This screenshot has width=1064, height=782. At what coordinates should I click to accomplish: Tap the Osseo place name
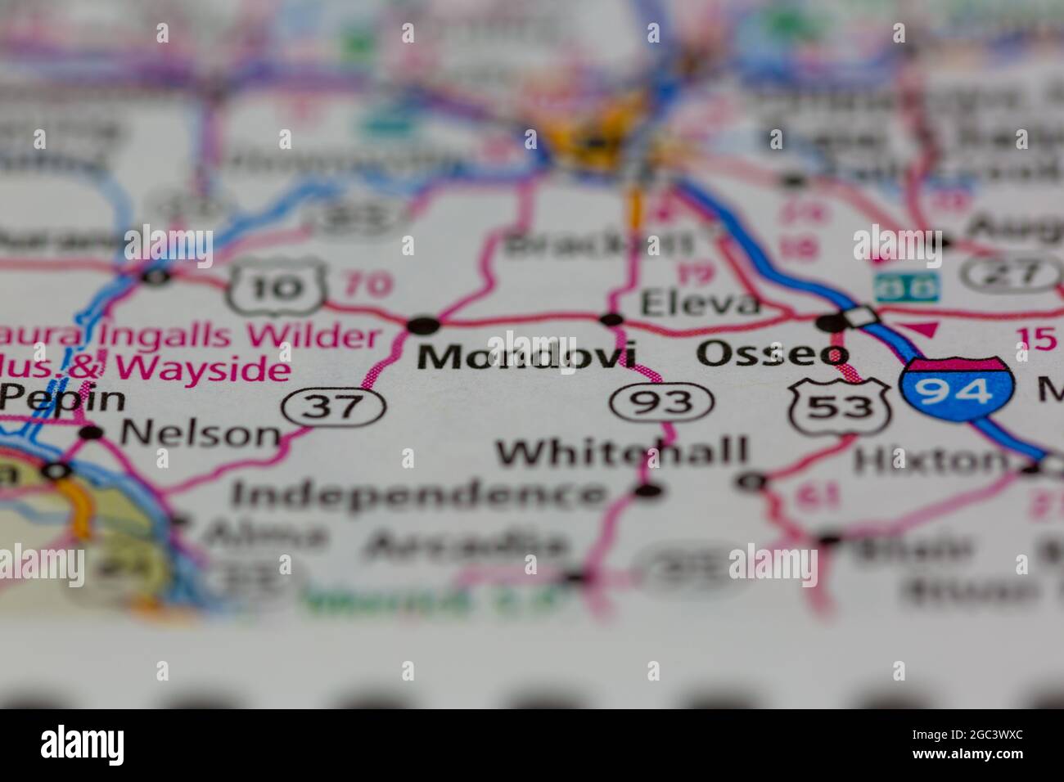[772, 353]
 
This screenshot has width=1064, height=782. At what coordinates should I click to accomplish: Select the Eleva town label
[699, 304]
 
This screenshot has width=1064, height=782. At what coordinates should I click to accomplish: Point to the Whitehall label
[623, 452]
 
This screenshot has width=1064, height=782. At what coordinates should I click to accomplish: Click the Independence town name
[419, 493]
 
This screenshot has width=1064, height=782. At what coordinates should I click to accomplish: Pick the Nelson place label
[200, 434]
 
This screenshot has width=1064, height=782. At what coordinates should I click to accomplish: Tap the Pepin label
[63, 399]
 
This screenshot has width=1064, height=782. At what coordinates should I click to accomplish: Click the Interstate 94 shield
[957, 390]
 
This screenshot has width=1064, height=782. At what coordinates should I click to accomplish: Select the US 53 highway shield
[840, 405]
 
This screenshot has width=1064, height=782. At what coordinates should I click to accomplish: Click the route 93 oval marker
[661, 402]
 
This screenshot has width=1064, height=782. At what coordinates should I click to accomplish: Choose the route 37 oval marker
[333, 406]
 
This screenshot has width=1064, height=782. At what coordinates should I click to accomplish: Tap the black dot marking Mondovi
[423, 326]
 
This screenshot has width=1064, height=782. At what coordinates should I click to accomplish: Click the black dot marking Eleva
[611, 319]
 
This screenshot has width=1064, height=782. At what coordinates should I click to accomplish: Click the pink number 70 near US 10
[367, 284]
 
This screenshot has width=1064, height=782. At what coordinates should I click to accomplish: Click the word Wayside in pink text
[205, 369]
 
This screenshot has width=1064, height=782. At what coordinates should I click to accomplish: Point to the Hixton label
[931, 461]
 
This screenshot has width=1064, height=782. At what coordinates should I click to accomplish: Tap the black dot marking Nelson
[92, 433]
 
